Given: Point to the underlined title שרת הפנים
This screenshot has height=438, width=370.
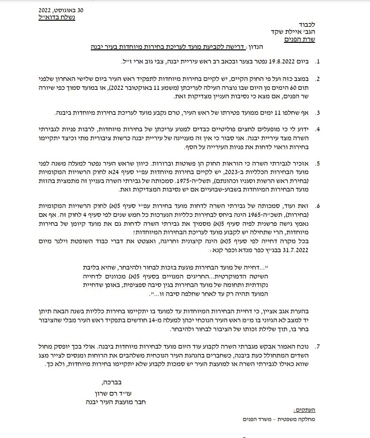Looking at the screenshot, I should tap(301, 40).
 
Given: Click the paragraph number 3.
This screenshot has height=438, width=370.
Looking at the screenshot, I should tap(317, 113).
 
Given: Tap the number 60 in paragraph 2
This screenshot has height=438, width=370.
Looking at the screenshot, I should tap(301, 86).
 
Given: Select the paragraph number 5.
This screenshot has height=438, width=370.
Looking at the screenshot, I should tap(317, 164).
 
